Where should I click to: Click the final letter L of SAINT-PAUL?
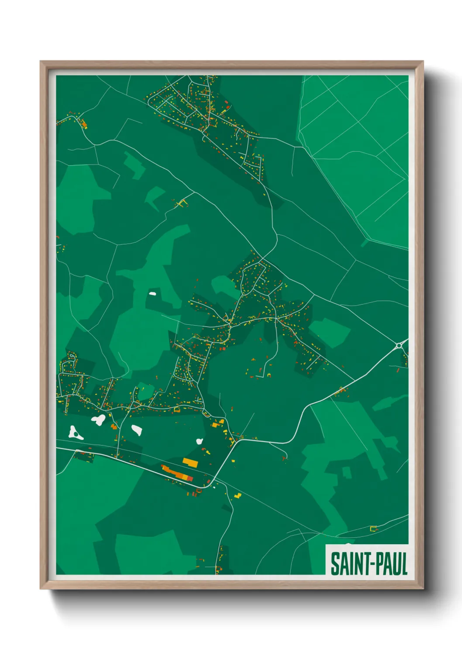(x=404, y=564)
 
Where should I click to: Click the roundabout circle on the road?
(x=398, y=346)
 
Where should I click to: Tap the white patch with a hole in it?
(x=75, y=433)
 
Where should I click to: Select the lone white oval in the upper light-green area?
(x=152, y=293)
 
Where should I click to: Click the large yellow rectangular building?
(x=190, y=461)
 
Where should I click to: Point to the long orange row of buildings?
(x=177, y=474)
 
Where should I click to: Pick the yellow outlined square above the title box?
(x=373, y=529)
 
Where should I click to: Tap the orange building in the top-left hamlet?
(x=85, y=126)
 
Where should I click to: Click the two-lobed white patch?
(x=98, y=420)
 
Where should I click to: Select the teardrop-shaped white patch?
(x=137, y=430)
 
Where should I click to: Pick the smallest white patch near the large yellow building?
(x=199, y=441)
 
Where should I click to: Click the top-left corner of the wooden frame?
(x=41, y=62)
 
